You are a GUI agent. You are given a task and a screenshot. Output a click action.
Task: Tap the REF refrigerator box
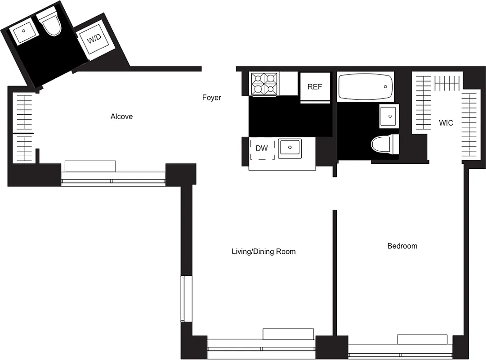pyautogui.click(x=315, y=86)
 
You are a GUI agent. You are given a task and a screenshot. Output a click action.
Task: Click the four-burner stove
pyautogui.click(x=263, y=83)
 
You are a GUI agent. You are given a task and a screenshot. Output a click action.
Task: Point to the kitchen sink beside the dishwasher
pyautogui.click(x=290, y=148)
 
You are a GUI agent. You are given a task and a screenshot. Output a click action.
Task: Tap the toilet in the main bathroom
pyautogui.click(x=384, y=144)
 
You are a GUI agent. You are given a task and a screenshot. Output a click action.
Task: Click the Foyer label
pyautogui.click(x=211, y=98)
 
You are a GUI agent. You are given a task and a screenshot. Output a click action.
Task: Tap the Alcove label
pyautogui.click(x=121, y=117)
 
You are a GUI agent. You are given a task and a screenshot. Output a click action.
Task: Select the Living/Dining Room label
pyautogui.click(x=263, y=252)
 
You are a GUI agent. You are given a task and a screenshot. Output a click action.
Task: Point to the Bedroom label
pyautogui.click(x=402, y=246)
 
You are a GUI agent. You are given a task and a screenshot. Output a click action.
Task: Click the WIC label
pyautogui.click(x=446, y=123)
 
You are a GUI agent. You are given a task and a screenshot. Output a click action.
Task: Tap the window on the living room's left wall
pyautogui.click(x=183, y=298)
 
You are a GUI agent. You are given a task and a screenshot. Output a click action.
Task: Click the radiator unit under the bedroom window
pyautogui.click(x=422, y=339)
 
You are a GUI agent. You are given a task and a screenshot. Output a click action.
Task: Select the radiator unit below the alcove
pyautogui.click(x=90, y=166)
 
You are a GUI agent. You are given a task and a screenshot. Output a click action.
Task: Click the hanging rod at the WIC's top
pyautogui.click(x=447, y=83)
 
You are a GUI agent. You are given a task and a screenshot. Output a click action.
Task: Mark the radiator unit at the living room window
pyautogui.click(x=288, y=334)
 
